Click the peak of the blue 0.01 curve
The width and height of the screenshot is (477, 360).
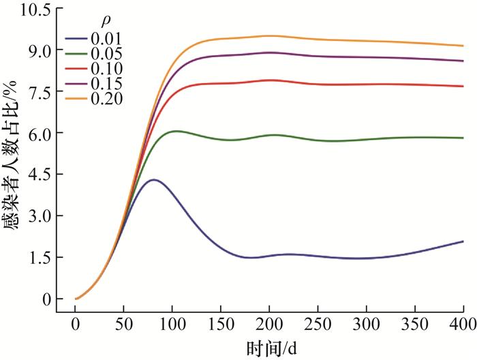click(154, 180)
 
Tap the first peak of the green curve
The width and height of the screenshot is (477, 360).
click(176, 131)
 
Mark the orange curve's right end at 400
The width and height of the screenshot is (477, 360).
click(463, 46)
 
